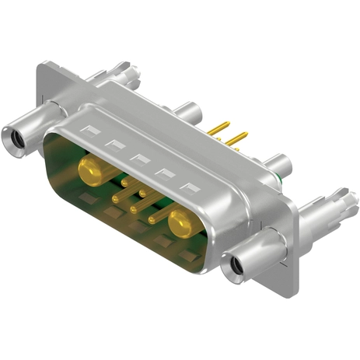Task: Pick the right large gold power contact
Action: point(183,222)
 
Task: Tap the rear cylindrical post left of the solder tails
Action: point(187,112)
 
